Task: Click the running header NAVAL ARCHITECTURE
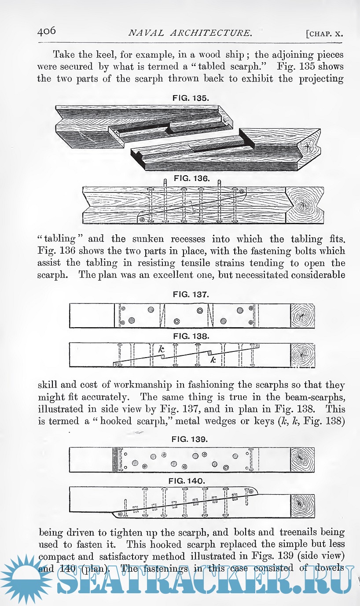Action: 190,33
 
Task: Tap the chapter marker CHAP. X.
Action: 324,34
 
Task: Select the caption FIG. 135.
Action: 190,98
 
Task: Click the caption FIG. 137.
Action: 191,294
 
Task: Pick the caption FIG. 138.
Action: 191,336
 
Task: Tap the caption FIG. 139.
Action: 191,440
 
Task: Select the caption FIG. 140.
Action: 190,480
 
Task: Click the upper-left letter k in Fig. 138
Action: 162,349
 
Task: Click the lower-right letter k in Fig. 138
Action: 213,360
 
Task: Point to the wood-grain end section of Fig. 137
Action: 303,316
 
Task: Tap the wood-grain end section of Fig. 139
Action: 303,459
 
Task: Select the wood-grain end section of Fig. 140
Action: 303,503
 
